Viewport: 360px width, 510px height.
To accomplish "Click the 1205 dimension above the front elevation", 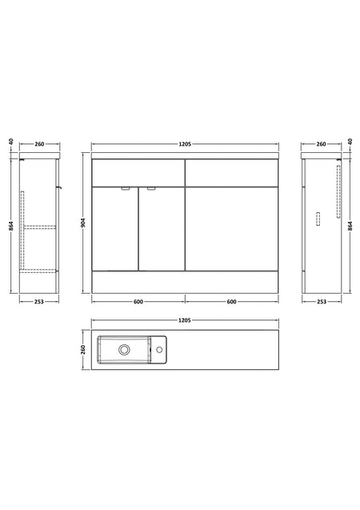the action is click(185, 144).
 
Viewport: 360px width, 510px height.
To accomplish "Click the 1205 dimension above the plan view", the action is click(185, 320).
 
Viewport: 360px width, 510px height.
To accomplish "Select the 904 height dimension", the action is click(83, 223).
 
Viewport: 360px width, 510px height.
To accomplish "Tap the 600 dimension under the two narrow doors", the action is click(138, 302).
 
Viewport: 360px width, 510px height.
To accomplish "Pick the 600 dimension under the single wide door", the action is click(231, 302).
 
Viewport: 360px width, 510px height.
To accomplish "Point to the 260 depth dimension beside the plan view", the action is click(83, 350).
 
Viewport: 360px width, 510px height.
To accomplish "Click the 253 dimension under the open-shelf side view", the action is click(39, 302).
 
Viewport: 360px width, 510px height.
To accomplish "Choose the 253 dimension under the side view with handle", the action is click(322, 302).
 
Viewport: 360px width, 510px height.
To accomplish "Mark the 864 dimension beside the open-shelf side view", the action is click(10, 226).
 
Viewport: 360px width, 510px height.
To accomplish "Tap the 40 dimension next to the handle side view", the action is click(350, 142).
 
